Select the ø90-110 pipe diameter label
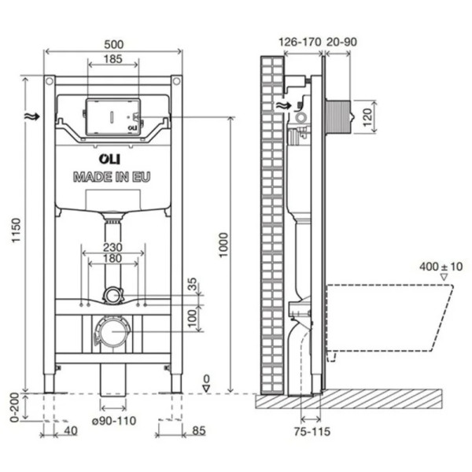[113, 420]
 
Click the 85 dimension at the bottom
[199, 430]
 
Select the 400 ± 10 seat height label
[441, 267]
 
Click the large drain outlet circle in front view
[112, 331]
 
